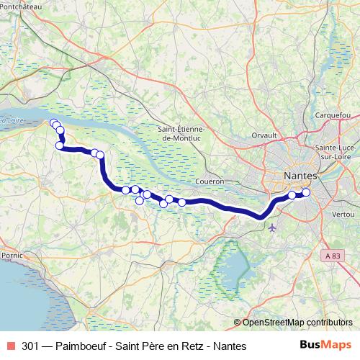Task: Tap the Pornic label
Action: coord(13,255)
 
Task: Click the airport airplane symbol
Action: coord(271,228)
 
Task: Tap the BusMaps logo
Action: coord(326,346)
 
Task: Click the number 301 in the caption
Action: coord(31,346)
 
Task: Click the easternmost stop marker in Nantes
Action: coord(306,192)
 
